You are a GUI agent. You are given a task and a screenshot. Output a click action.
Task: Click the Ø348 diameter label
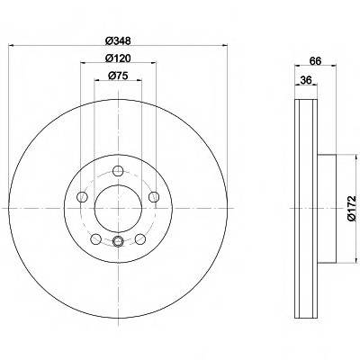[118, 40]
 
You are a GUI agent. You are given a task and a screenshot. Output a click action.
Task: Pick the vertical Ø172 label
[353, 208]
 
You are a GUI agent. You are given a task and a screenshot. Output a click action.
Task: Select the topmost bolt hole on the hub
[118, 173]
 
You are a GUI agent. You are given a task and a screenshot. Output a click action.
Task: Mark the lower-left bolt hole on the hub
[95, 238]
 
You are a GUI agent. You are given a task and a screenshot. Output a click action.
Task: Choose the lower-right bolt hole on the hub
[140, 238]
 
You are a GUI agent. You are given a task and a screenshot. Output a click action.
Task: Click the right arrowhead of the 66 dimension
[335, 68]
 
